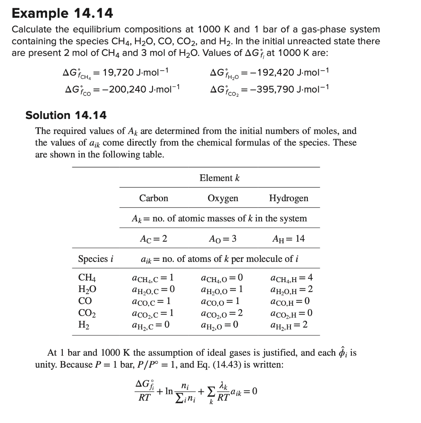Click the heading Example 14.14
click(62, 13)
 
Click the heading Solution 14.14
click(66, 115)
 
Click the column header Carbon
click(154, 198)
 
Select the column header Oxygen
click(223, 198)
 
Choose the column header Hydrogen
click(288, 198)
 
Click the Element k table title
click(219, 178)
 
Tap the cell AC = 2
click(154, 239)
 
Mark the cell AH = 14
click(288, 239)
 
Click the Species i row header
click(95, 259)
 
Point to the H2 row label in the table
click(83, 325)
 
